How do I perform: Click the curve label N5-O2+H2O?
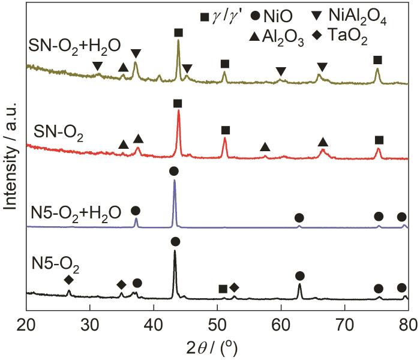(76, 212)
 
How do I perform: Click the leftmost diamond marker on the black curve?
(69, 280)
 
